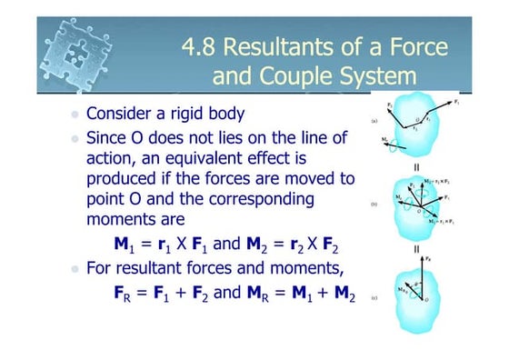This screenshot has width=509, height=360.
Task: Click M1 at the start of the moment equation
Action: click(x=123, y=244)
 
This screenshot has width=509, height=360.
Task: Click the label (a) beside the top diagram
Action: click(x=374, y=120)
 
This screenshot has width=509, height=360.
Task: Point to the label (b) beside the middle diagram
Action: click(x=374, y=205)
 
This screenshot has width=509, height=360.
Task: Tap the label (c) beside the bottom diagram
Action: click(x=374, y=297)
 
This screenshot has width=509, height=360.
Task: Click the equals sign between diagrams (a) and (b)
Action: click(x=416, y=166)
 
